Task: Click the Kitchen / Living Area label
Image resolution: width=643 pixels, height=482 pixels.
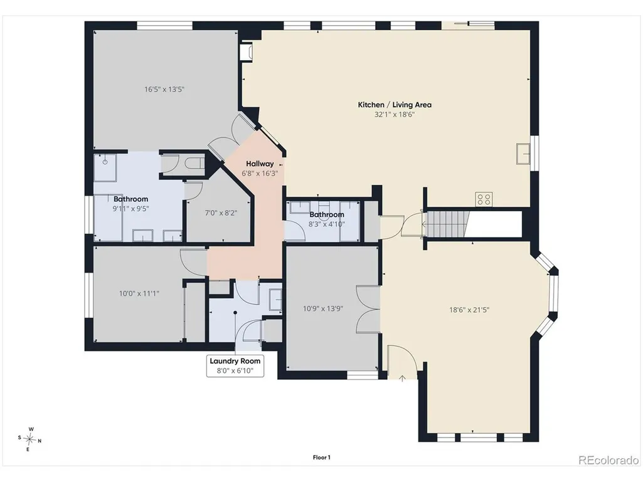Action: pyautogui.click(x=395, y=105)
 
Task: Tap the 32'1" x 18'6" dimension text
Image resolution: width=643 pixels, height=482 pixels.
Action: pyautogui.click(x=395, y=115)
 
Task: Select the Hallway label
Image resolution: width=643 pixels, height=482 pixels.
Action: pyautogui.click(x=260, y=164)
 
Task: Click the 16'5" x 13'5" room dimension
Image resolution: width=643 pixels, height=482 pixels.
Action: pyautogui.click(x=164, y=90)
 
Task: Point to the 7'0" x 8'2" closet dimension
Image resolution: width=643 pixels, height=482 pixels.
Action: pyautogui.click(x=221, y=212)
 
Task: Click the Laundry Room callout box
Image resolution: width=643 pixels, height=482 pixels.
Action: pyautogui.click(x=235, y=366)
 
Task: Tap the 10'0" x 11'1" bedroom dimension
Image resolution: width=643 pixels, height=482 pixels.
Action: pyautogui.click(x=139, y=293)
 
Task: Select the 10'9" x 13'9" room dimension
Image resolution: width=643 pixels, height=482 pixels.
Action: pyautogui.click(x=322, y=308)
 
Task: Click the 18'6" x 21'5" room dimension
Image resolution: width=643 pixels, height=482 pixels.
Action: pyautogui.click(x=469, y=310)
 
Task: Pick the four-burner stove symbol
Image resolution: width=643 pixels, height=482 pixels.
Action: pyautogui.click(x=484, y=199)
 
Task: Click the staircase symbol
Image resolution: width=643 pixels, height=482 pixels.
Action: pyautogui.click(x=447, y=224)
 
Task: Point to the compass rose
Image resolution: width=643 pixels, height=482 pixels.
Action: pyautogui.click(x=29, y=439)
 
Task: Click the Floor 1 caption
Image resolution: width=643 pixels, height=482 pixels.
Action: pyautogui.click(x=321, y=458)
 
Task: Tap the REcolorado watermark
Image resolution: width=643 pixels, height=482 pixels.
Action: pyautogui.click(x=608, y=460)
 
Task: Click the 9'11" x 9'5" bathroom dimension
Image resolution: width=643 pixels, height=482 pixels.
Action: pyautogui.click(x=131, y=209)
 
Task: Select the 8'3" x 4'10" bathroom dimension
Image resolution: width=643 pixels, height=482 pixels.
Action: pyautogui.click(x=326, y=224)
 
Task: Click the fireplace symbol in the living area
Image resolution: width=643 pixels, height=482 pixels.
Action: pyautogui.click(x=247, y=51)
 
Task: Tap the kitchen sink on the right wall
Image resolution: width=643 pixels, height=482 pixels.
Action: pyautogui.click(x=523, y=154)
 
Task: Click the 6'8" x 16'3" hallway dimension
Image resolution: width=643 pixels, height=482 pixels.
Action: pyautogui.click(x=260, y=174)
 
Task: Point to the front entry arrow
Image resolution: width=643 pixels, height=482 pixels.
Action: pyautogui.click(x=402, y=379)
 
